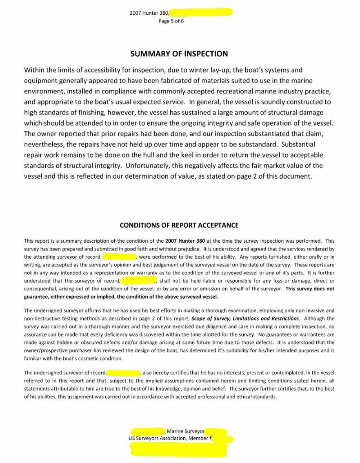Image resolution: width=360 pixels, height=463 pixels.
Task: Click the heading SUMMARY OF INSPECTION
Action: (x=179, y=54)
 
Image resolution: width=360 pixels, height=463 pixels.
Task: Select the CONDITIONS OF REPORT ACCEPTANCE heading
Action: (x=179, y=225)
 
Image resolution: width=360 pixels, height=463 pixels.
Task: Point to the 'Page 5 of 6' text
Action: (x=171, y=21)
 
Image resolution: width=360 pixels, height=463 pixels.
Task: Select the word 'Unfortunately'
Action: (x=147, y=166)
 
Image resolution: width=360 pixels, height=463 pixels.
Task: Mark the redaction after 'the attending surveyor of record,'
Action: (x=119, y=257)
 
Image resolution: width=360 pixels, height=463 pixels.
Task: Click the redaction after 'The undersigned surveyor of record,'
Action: (x=124, y=372)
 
